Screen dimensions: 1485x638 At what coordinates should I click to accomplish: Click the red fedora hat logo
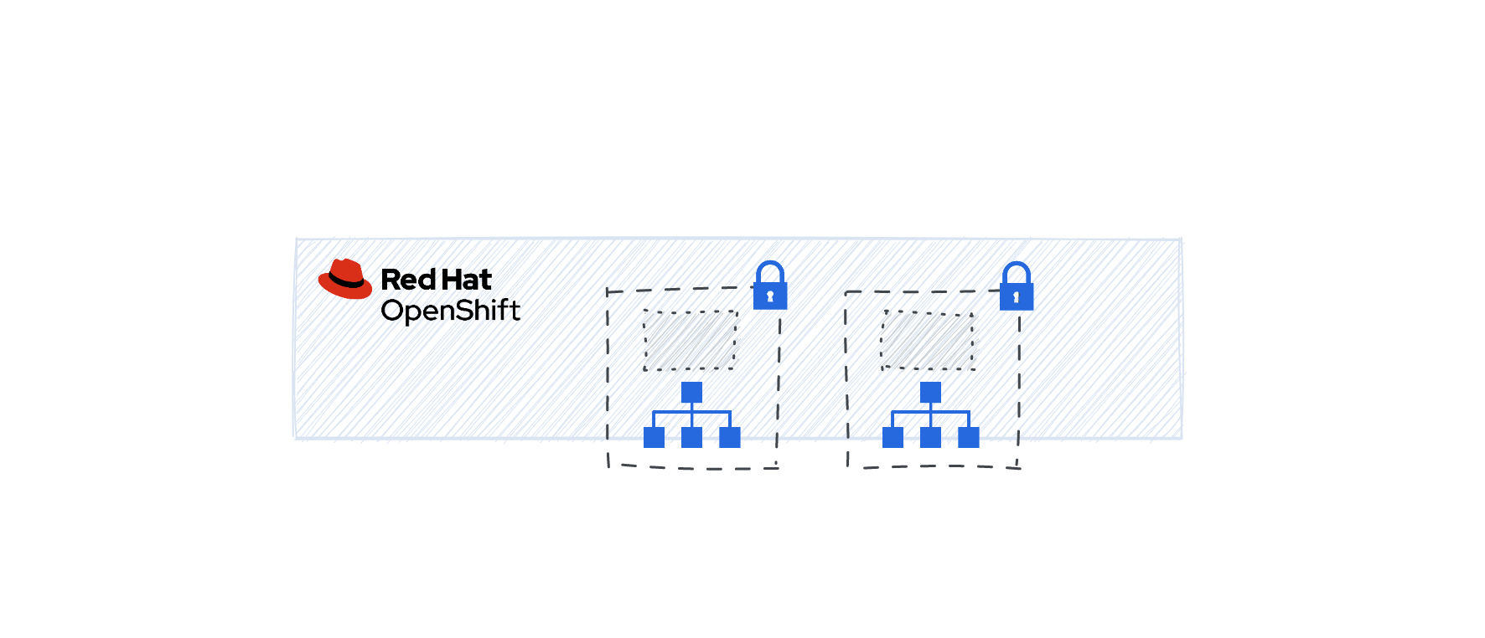pyautogui.click(x=345, y=279)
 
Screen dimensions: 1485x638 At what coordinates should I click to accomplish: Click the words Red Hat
pyautogui.click(x=436, y=279)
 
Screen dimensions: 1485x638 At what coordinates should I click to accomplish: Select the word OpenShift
pyautogui.click(x=450, y=311)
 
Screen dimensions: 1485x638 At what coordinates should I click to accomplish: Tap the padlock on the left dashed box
pyautogui.click(x=770, y=286)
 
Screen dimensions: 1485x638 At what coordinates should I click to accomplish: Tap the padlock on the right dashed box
pyautogui.click(x=1017, y=286)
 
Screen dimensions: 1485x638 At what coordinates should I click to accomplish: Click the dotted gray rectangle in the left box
pyautogui.click(x=690, y=340)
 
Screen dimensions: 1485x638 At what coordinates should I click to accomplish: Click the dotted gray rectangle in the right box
pyautogui.click(x=928, y=340)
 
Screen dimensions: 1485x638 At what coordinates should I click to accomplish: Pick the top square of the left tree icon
pyautogui.click(x=691, y=393)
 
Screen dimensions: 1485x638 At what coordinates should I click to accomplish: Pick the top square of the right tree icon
pyautogui.click(x=930, y=393)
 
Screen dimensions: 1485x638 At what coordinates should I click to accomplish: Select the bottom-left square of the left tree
pyautogui.click(x=654, y=437)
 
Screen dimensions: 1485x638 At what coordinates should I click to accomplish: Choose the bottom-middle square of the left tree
pyautogui.click(x=691, y=437)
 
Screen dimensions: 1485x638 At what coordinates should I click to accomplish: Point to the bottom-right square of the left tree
pyautogui.click(x=730, y=437)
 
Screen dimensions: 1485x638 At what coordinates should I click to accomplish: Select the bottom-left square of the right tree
pyautogui.click(x=893, y=437)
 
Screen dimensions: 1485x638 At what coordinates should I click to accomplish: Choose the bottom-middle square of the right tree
pyautogui.click(x=930, y=437)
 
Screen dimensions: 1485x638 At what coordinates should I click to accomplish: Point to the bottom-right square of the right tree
pyautogui.click(x=969, y=437)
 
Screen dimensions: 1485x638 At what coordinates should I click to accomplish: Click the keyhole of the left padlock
pyautogui.click(x=770, y=296)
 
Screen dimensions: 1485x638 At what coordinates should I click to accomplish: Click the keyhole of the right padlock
pyautogui.click(x=1017, y=297)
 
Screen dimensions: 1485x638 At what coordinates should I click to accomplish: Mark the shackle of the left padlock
pyautogui.click(x=770, y=271)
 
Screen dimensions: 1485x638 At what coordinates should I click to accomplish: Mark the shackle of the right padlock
pyautogui.click(x=1017, y=272)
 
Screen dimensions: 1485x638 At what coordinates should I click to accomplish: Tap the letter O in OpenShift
pyautogui.click(x=392, y=311)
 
